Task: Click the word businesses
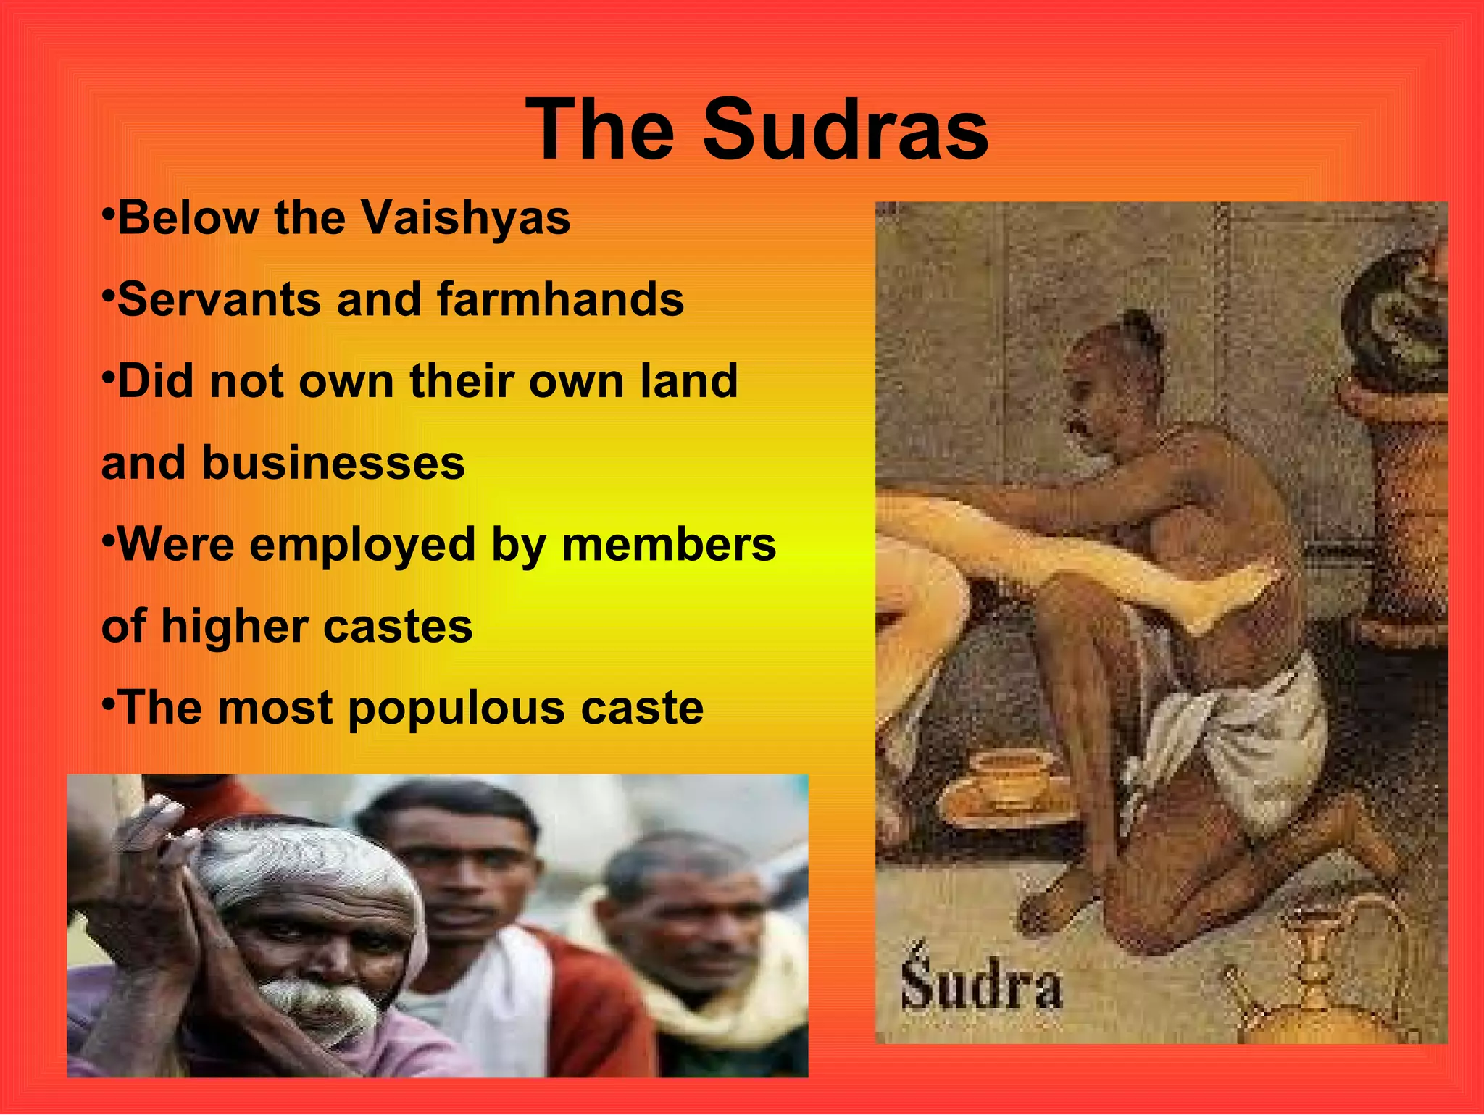tap(333, 463)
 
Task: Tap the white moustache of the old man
tap(319, 1003)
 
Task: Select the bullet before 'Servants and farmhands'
tap(108, 296)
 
